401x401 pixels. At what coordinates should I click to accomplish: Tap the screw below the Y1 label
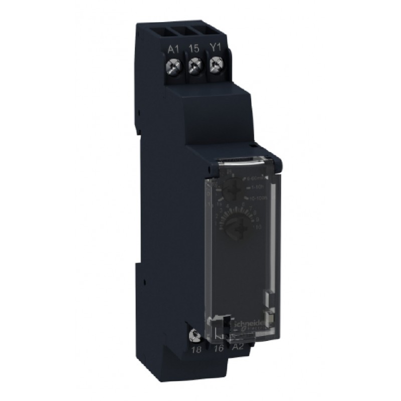point(217,64)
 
